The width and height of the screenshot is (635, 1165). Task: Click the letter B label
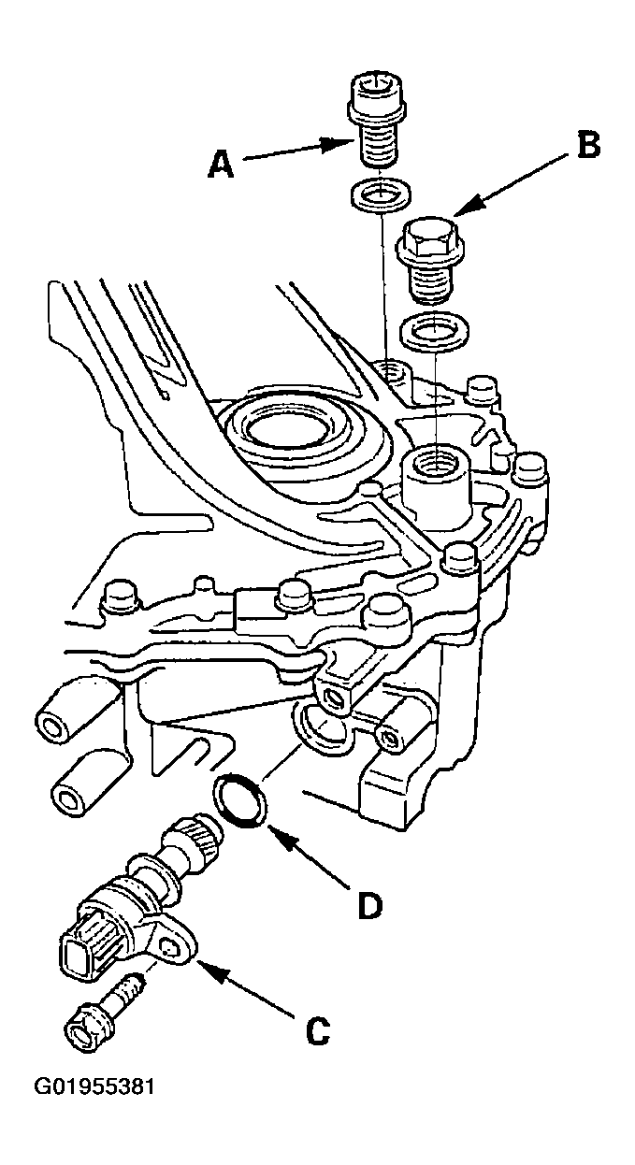pos(588,145)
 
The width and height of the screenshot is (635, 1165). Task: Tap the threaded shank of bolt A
pos(377,143)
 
